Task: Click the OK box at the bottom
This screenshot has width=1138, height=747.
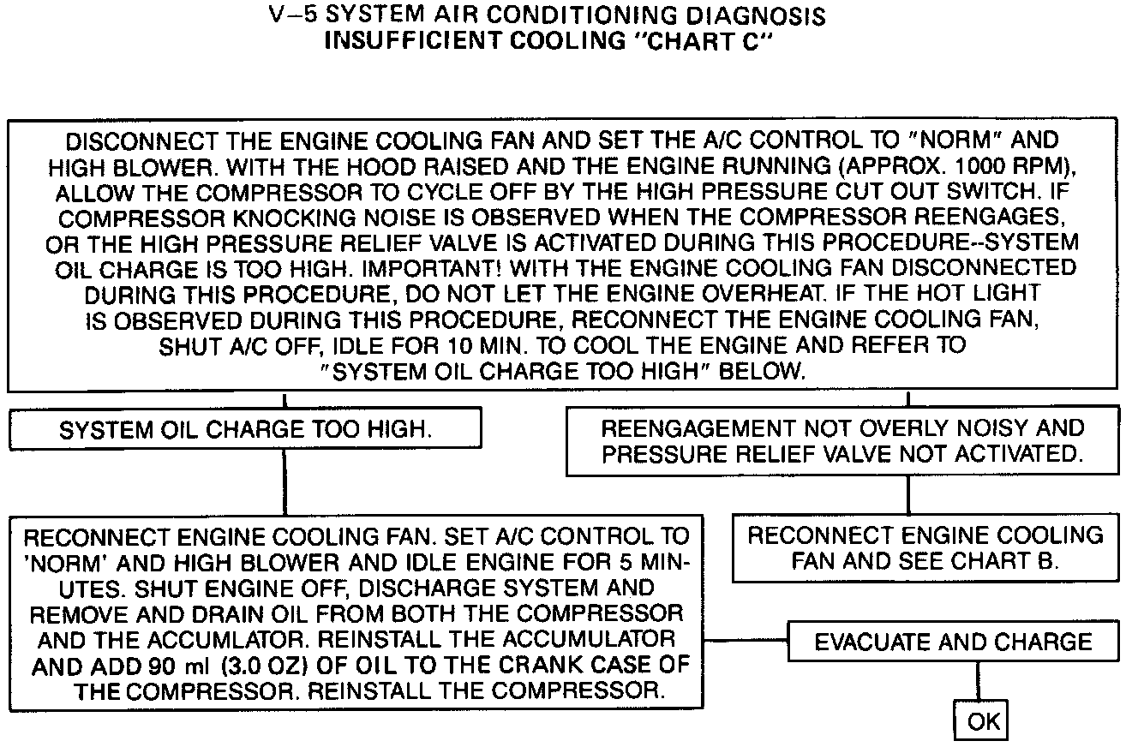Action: tap(983, 720)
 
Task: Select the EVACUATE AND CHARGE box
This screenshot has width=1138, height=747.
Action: tap(953, 642)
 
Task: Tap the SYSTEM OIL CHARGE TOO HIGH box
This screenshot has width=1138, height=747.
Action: tap(245, 430)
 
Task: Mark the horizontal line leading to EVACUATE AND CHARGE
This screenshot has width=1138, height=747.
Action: tap(745, 641)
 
